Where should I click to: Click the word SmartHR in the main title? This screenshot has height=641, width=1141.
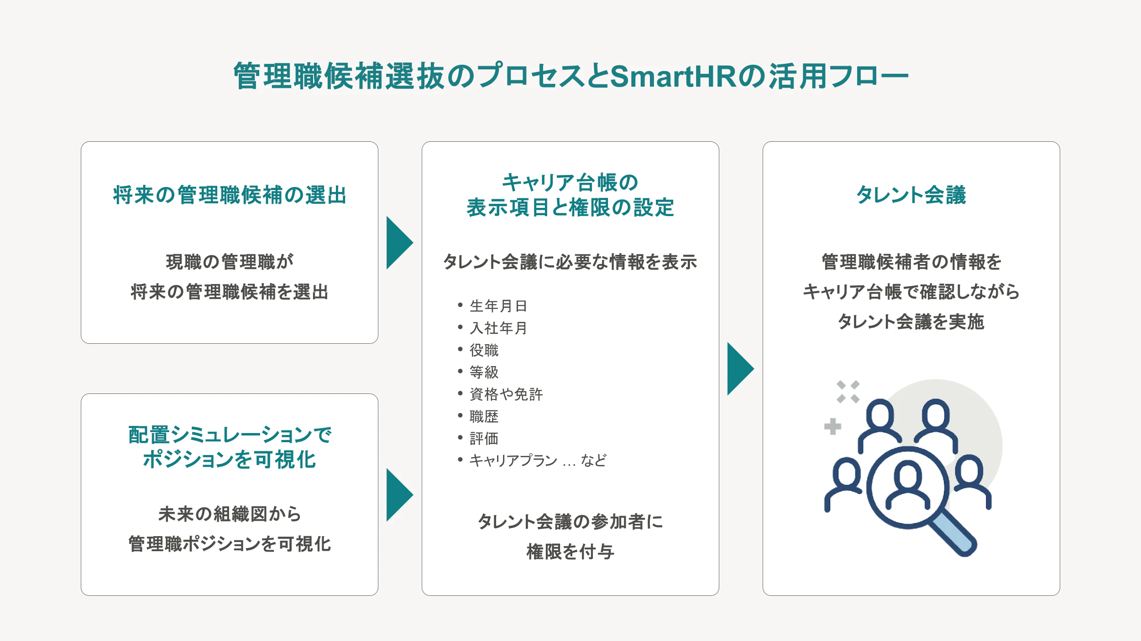point(673,76)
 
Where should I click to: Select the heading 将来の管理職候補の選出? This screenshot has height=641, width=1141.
point(230,195)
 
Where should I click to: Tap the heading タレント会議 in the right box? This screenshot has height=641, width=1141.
point(911,195)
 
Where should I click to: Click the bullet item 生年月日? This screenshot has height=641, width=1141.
point(498,306)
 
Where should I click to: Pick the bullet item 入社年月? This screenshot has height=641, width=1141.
point(498,328)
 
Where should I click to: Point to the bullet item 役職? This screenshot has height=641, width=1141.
point(484,350)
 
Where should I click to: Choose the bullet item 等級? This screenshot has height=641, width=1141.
point(484,372)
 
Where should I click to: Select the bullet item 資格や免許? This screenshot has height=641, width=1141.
point(506,394)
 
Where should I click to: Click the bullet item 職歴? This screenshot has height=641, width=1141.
point(484,416)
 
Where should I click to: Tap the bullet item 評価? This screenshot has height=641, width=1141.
point(484,438)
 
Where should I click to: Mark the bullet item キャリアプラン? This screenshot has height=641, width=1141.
point(513,460)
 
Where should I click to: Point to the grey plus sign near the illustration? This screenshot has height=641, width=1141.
point(832,426)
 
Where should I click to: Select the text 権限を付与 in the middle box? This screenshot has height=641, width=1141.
point(570,552)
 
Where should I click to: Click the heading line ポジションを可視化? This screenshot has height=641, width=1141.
point(230,460)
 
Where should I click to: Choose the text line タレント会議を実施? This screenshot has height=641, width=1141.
point(911,321)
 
